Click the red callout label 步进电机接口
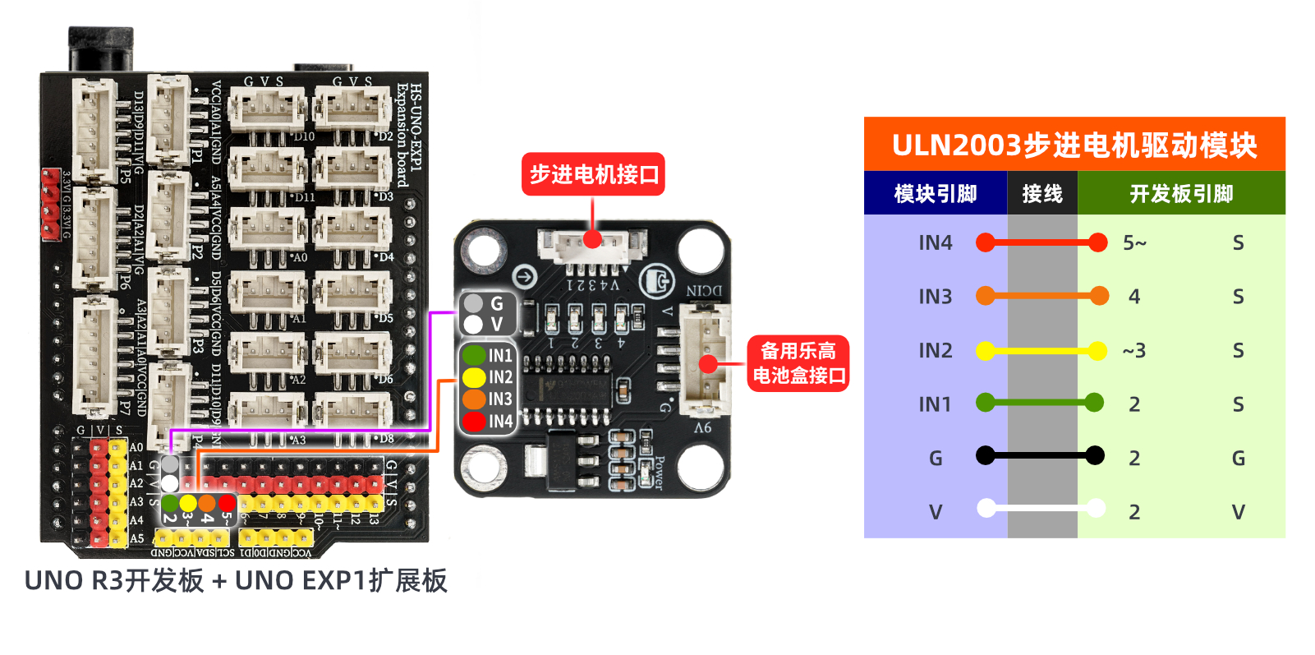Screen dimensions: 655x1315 [593, 174]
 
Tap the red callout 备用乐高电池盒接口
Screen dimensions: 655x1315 [798, 363]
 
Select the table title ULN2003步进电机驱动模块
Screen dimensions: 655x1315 [1074, 145]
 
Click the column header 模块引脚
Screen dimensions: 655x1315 [935, 194]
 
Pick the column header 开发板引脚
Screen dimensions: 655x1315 [1181, 194]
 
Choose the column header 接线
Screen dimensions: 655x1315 [1042, 194]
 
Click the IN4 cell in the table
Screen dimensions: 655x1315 [935, 242]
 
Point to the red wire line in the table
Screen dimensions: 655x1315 [1041, 242]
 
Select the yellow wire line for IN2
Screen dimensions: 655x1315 [1041, 351]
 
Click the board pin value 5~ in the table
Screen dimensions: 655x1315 [1134, 242]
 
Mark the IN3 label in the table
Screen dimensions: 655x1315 [935, 297]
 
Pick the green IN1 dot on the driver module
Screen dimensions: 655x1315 [474, 355]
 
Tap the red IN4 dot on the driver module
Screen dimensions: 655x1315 [474, 422]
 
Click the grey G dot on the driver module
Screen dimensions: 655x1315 [474, 303]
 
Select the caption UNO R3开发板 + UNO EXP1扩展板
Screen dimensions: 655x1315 [236, 580]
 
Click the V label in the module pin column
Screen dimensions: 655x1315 [935, 512]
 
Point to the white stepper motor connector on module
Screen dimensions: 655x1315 [591, 245]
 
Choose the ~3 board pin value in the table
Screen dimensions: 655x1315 [1134, 351]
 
